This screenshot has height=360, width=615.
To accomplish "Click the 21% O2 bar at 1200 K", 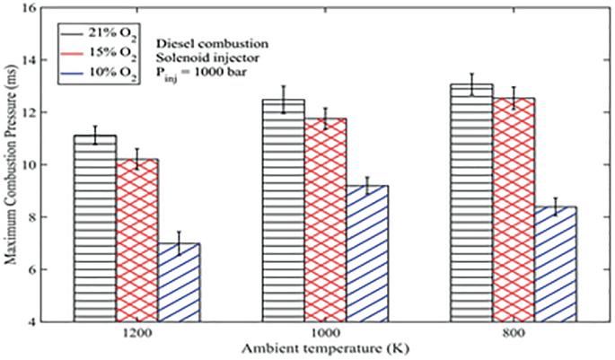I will click(x=94, y=228).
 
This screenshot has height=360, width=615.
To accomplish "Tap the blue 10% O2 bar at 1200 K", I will click(x=180, y=282).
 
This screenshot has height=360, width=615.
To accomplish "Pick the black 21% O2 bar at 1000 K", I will click(x=283, y=210).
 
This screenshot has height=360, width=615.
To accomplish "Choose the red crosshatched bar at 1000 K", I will click(x=325, y=219).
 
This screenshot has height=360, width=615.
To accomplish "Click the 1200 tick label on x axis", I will click(x=137, y=332).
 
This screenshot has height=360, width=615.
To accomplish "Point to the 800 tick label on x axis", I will click(x=514, y=332).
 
